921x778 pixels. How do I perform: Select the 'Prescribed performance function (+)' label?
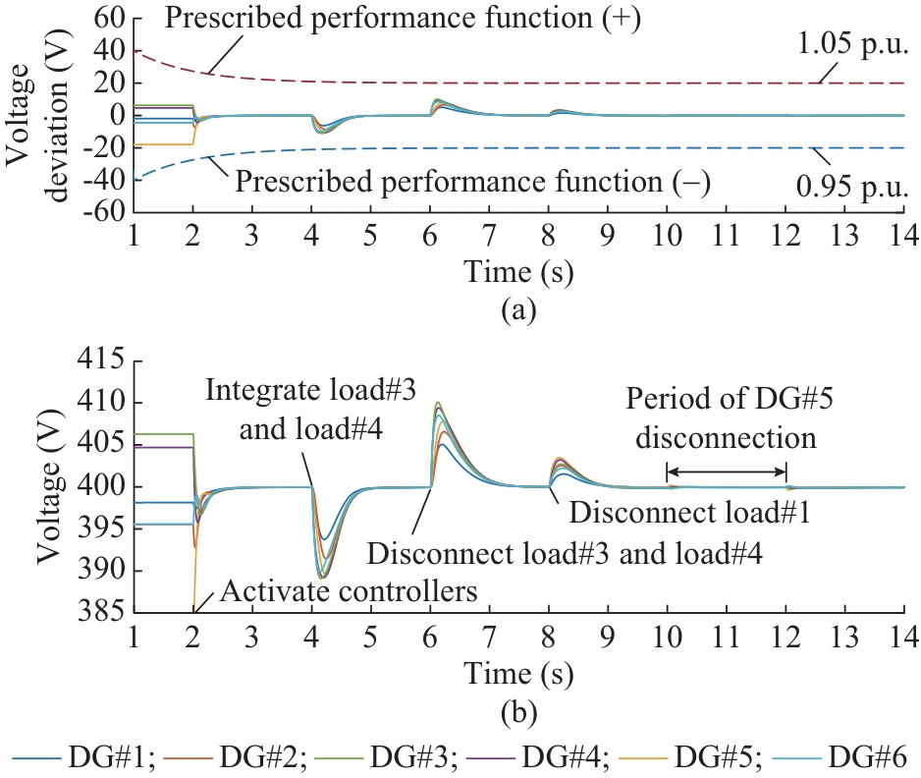click(403, 18)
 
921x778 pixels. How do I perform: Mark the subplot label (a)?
click(518, 311)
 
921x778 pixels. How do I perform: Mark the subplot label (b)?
click(518, 707)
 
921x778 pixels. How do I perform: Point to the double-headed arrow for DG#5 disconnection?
click(727, 472)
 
